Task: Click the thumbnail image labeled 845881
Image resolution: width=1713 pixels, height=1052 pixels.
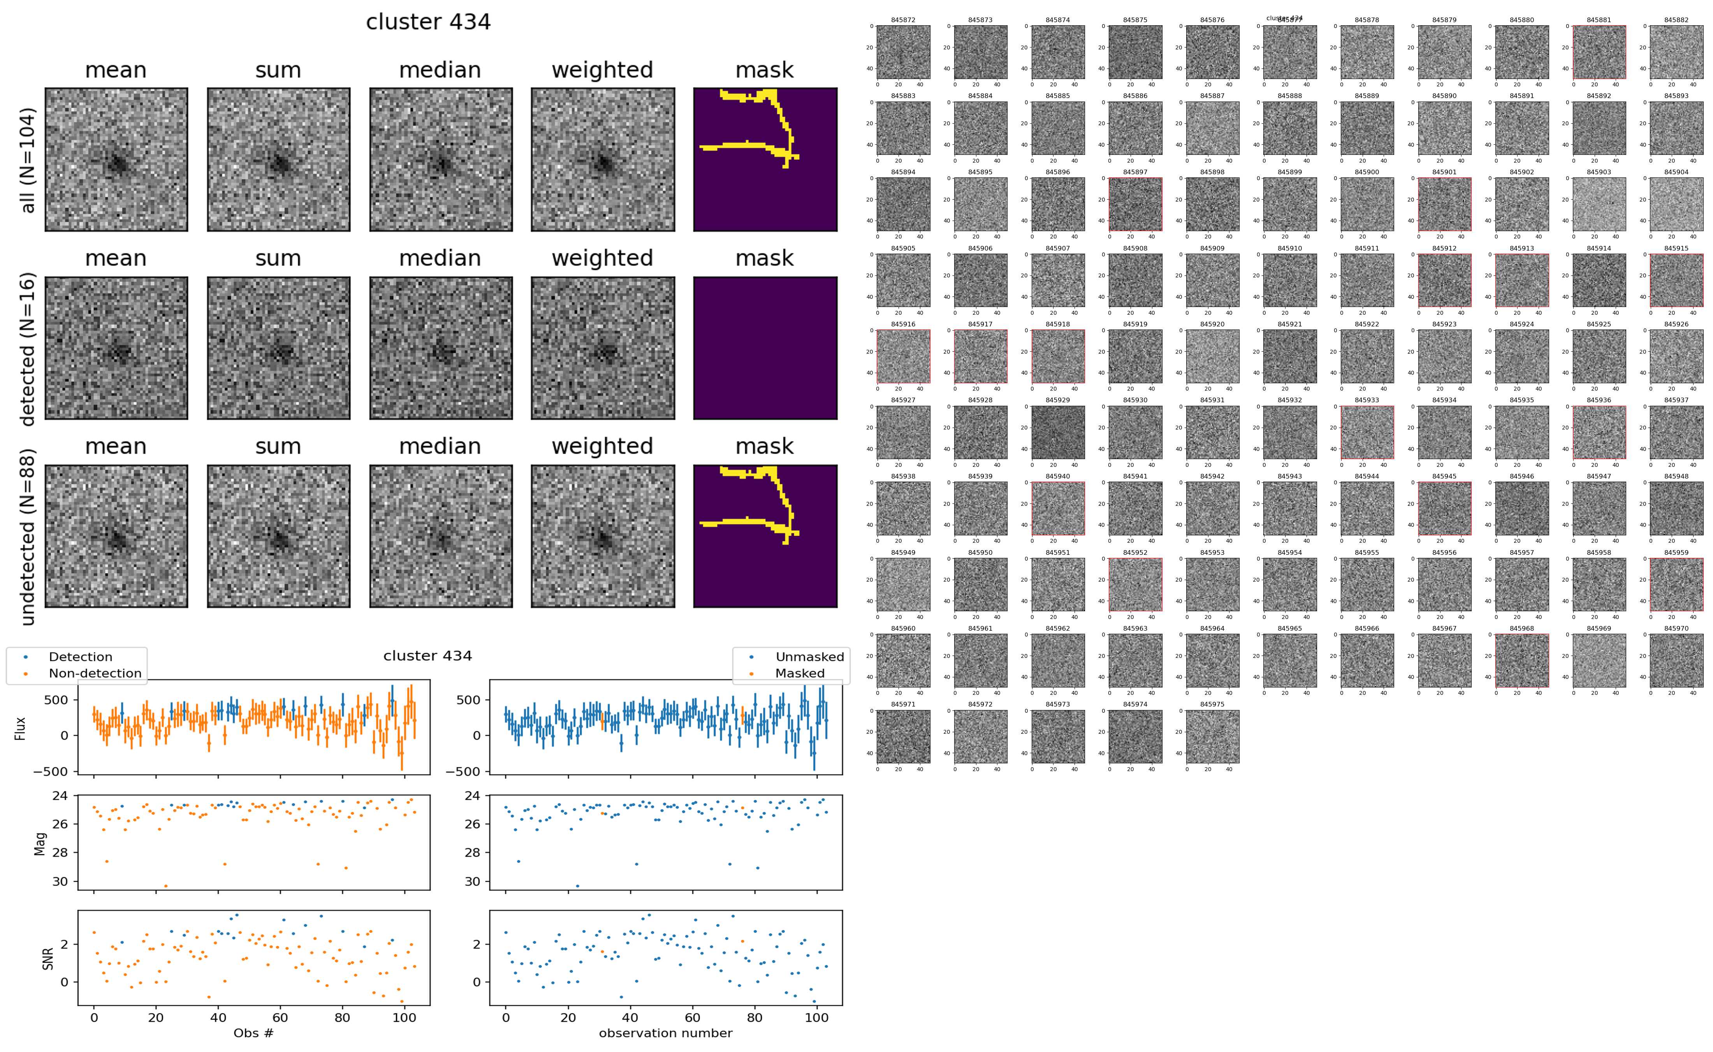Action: (x=1599, y=52)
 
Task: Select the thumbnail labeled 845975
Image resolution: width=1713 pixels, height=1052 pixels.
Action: (x=1212, y=736)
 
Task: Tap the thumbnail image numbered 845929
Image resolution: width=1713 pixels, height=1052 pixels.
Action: (x=1057, y=432)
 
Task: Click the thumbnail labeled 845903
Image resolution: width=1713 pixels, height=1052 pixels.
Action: (x=1599, y=204)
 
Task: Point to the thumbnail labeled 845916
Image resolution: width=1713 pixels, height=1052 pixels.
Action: (x=903, y=356)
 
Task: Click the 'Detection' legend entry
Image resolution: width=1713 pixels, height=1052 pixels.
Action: (x=80, y=657)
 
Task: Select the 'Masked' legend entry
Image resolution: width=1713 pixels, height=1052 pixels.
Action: (x=799, y=673)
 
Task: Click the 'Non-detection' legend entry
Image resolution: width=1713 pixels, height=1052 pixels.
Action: (x=95, y=673)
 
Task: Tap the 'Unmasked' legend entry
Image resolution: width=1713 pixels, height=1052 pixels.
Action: (x=809, y=657)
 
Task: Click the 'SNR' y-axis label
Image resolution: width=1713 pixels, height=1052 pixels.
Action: (x=48, y=957)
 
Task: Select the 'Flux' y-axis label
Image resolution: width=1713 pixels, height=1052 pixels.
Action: (x=20, y=728)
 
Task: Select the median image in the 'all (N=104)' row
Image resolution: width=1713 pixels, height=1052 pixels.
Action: (x=441, y=160)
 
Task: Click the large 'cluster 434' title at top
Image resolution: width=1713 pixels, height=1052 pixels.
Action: (x=428, y=22)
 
